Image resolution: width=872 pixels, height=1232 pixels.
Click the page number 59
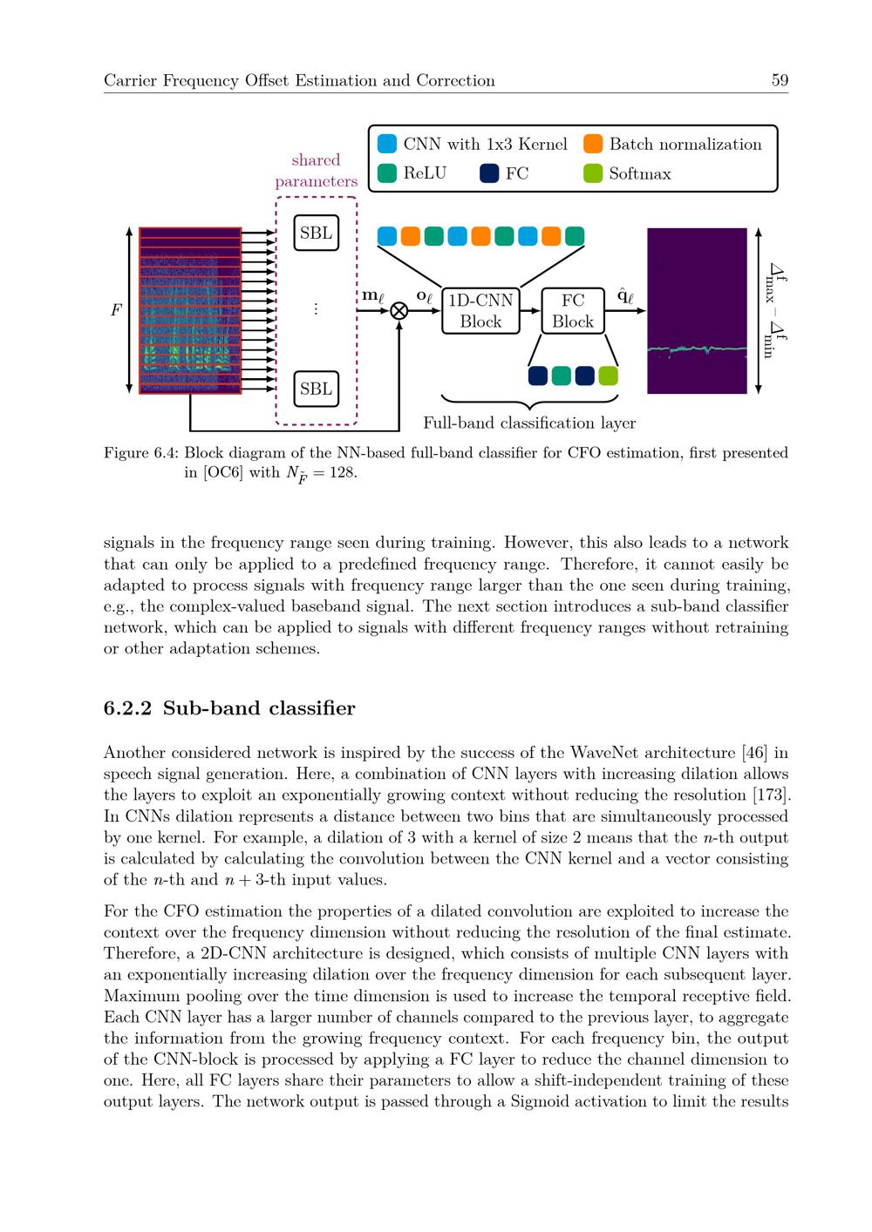coord(780,80)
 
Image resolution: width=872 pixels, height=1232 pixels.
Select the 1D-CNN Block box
coord(480,311)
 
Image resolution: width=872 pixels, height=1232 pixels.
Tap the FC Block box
coord(573,311)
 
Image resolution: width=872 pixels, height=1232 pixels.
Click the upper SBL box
coord(316,233)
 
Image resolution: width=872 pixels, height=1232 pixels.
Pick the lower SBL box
coord(316,389)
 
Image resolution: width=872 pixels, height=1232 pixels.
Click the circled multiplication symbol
coord(399,311)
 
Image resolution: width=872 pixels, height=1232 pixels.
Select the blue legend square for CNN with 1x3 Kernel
coord(387,144)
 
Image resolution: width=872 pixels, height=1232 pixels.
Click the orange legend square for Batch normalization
coord(593,144)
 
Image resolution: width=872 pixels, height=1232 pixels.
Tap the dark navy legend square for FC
coord(489,173)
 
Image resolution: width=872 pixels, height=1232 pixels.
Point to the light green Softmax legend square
coord(593,173)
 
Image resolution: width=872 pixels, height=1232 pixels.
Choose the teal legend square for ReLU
coord(387,173)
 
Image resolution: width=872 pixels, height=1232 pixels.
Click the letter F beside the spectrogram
coord(116,310)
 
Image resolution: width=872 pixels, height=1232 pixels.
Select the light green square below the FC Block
coord(609,376)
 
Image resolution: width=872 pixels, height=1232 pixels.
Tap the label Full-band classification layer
coord(529,423)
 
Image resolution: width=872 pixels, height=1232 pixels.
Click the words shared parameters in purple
coord(316,171)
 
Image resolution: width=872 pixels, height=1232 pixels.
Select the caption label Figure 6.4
coord(141,453)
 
